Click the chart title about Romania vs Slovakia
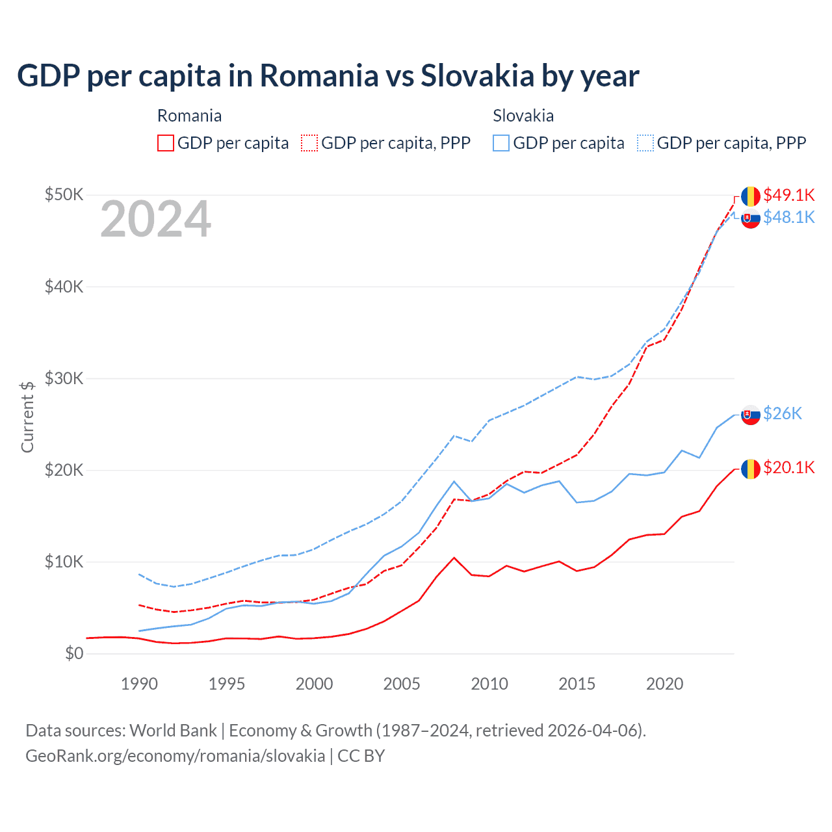pyautogui.click(x=328, y=76)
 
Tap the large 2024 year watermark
pyautogui.click(x=155, y=219)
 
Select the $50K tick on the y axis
pyautogui.click(x=64, y=194)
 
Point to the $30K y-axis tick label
pyautogui.click(x=64, y=378)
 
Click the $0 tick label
pyautogui.click(x=74, y=653)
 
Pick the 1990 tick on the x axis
pyautogui.click(x=139, y=684)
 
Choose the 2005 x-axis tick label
pyautogui.click(x=402, y=684)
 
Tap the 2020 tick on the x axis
pyautogui.click(x=664, y=684)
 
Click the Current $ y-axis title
pyautogui.click(x=27, y=417)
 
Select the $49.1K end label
pyautogui.click(x=788, y=195)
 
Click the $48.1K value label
pyautogui.click(x=788, y=217)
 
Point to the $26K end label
pyautogui.click(x=783, y=413)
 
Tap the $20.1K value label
pyautogui.click(x=788, y=467)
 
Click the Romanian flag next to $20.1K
pyautogui.click(x=751, y=469)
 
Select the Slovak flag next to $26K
pyautogui.click(x=751, y=415)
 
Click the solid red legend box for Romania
pyautogui.click(x=166, y=143)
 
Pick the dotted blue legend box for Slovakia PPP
pyautogui.click(x=645, y=143)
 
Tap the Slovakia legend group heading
pyautogui.click(x=523, y=116)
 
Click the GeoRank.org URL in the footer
pyautogui.click(x=175, y=756)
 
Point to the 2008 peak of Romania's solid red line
pyautogui.click(x=454, y=558)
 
